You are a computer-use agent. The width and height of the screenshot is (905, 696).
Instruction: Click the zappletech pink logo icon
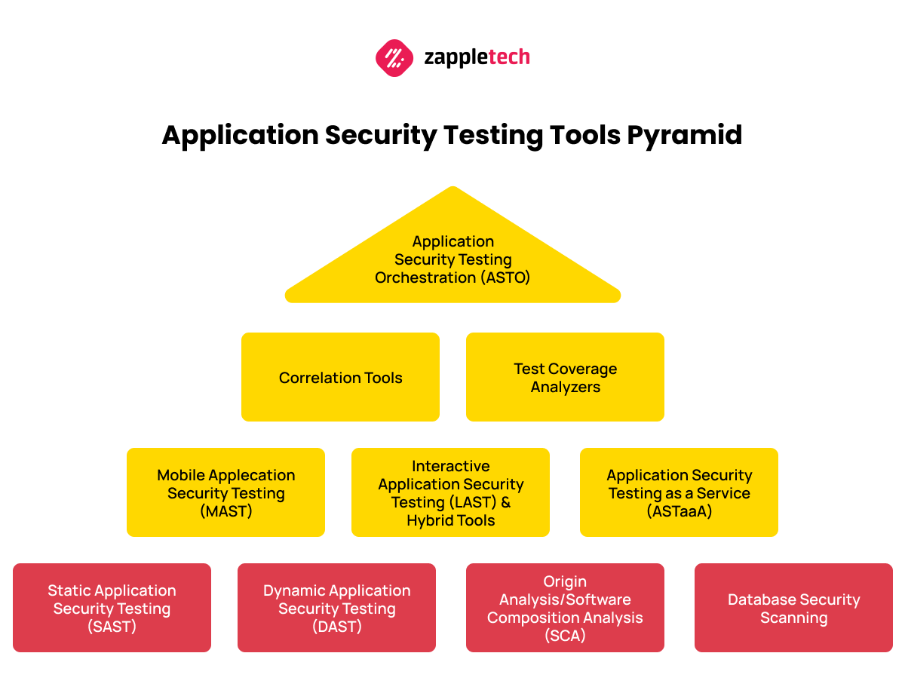394,57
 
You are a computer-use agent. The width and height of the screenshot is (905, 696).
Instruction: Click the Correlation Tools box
340,377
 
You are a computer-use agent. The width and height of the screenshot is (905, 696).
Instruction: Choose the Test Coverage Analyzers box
565,377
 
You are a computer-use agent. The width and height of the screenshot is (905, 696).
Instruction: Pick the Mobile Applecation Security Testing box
225,492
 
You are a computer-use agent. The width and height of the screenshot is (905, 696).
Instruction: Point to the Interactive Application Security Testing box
450,492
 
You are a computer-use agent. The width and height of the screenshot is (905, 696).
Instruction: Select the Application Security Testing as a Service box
679,492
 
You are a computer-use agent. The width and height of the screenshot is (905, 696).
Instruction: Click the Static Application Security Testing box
112,608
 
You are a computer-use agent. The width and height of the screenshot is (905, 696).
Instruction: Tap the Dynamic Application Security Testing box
336,608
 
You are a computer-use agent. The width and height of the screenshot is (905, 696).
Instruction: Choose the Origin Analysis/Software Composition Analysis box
565,608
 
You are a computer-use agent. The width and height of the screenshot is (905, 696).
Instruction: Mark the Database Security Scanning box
793,608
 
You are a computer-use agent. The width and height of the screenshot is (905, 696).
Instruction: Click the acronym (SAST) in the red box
112,627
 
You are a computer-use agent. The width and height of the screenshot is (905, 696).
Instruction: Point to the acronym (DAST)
337,627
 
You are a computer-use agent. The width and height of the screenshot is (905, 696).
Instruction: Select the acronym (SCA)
565,636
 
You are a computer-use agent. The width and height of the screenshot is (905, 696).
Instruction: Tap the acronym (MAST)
226,511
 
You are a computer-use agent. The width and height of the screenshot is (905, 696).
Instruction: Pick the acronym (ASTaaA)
680,511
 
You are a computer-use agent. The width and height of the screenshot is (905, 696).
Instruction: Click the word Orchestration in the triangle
425,277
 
